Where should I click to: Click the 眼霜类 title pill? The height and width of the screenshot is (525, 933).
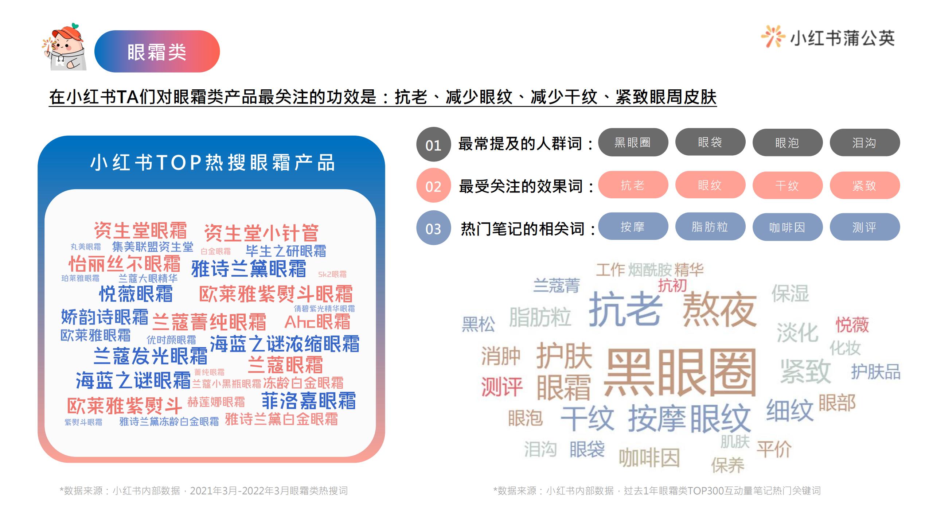157,51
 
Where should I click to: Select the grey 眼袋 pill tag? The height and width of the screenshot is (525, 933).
710,142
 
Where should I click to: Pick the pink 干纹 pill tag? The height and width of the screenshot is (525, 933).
787,185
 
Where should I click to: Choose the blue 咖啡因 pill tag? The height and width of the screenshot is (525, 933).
787,227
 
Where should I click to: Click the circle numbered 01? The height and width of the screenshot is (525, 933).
433,145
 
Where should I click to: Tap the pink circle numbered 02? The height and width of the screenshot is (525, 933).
433,186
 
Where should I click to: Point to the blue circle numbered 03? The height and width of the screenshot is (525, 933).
433,228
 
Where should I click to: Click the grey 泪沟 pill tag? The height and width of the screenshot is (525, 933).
864,143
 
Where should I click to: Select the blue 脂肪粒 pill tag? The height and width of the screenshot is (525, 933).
710,227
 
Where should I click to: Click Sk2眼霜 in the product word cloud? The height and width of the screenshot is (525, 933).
332,274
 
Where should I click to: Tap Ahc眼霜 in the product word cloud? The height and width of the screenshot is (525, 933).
317,322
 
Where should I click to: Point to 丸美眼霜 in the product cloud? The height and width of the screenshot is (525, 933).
86,247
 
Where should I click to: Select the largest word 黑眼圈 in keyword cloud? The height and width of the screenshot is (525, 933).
680,372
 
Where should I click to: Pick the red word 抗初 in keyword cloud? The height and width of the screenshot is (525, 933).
672,285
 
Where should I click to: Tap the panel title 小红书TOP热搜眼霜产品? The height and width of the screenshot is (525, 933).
212,163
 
